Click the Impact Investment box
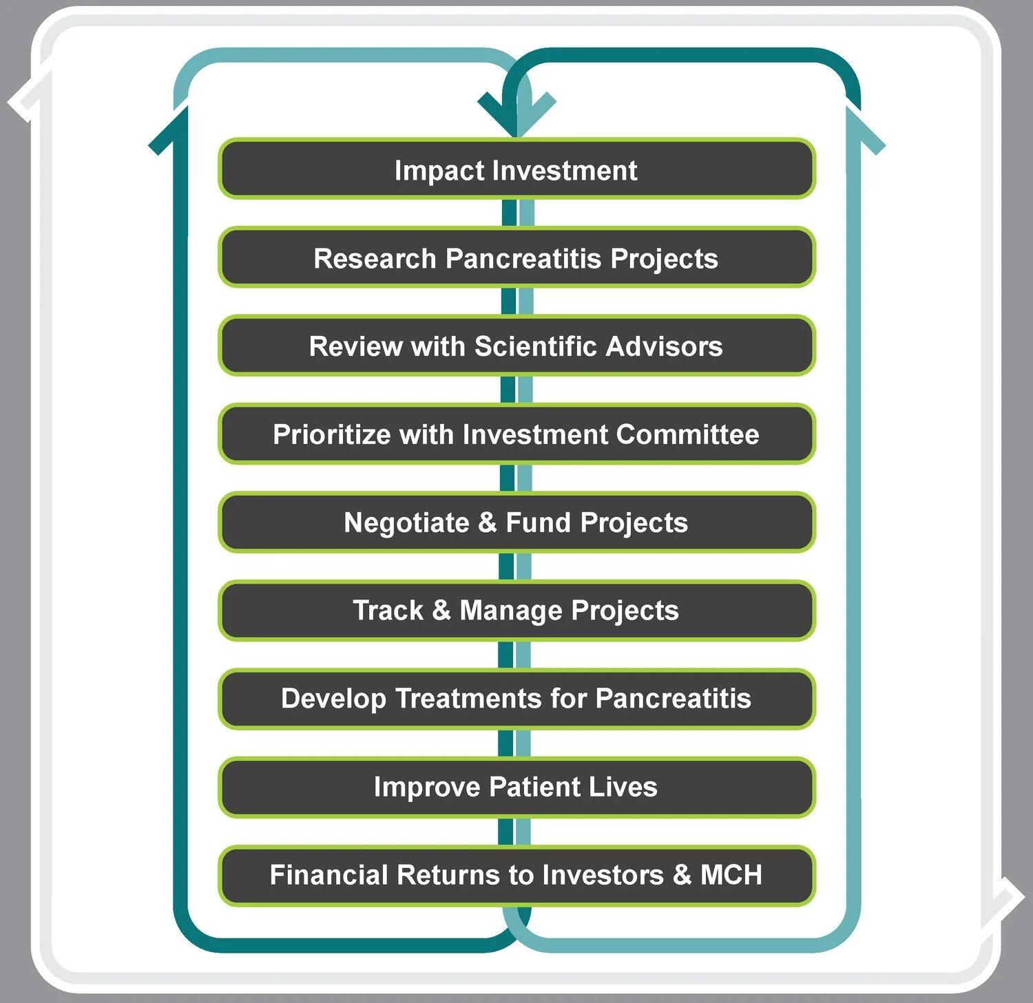[516, 169]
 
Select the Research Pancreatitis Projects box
[516, 257]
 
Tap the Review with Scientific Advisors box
[516, 346]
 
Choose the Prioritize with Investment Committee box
[516, 434]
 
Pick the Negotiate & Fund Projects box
[516, 522]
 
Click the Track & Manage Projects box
[516, 610]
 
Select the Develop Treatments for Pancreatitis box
[516, 698]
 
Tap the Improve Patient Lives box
[516, 786]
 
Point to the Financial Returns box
[516, 874]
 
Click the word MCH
[731, 874]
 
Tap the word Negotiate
[406, 522]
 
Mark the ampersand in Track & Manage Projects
[441, 610]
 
